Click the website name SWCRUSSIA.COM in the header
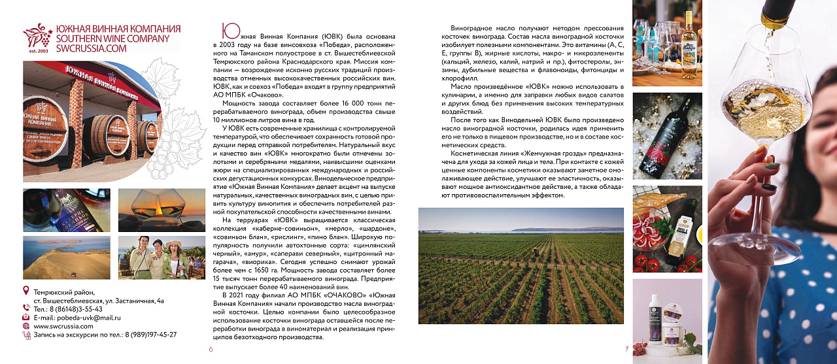(x=92, y=48)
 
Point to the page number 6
(x=211, y=349)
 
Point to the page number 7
(x=626, y=349)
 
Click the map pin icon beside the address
(x=26, y=290)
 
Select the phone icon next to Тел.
(x=26, y=308)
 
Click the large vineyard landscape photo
(x=521, y=265)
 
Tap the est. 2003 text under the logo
(x=39, y=50)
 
